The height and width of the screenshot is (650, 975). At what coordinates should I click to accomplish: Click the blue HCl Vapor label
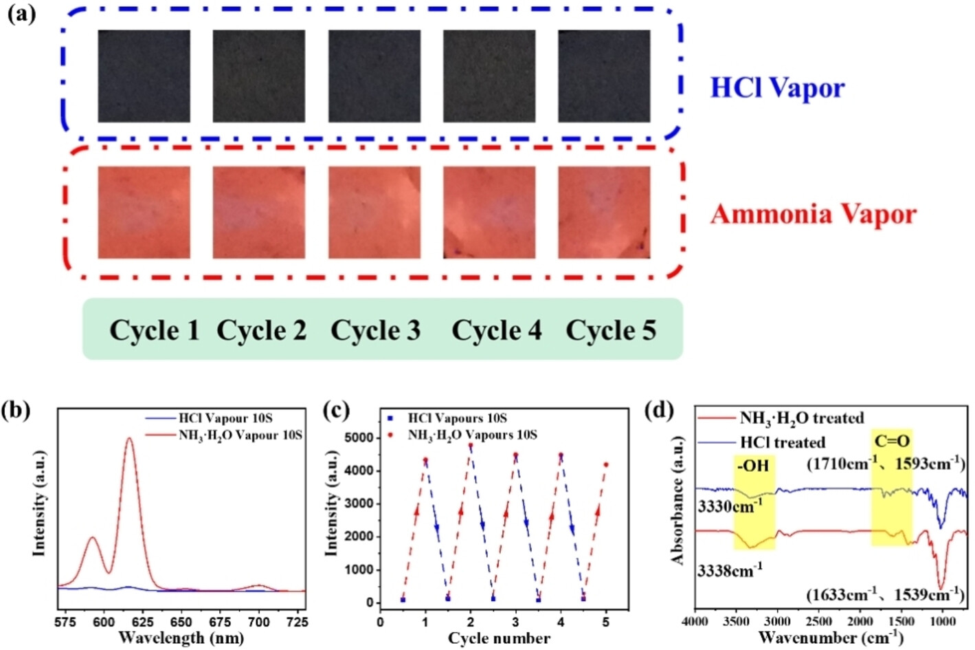[776, 88]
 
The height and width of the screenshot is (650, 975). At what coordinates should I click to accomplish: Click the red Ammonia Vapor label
[813, 214]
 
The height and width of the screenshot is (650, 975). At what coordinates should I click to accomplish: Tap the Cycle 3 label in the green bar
[375, 331]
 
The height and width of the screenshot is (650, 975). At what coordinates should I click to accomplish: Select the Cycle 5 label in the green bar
[611, 331]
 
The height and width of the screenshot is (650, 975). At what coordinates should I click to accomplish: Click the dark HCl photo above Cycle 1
[144, 76]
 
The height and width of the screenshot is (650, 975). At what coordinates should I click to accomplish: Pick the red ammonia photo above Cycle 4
[489, 213]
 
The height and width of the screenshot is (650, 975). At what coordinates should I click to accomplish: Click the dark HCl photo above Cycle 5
[604, 76]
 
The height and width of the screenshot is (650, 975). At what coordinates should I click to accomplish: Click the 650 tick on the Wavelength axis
[181, 622]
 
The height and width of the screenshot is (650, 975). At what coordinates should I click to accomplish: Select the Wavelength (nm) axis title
[181, 638]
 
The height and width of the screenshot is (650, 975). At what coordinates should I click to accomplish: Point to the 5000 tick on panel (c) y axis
[358, 437]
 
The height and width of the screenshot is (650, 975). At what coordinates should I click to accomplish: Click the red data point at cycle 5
[606, 465]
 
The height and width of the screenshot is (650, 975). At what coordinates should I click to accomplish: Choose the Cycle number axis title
[499, 638]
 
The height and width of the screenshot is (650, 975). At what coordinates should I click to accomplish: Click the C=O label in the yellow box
[892, 442]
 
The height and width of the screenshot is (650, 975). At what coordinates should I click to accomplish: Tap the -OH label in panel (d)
[753, 466]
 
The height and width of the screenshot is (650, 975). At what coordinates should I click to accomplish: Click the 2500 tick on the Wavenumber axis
[818, 622]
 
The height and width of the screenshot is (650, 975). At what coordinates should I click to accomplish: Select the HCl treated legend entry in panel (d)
[782, 442]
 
